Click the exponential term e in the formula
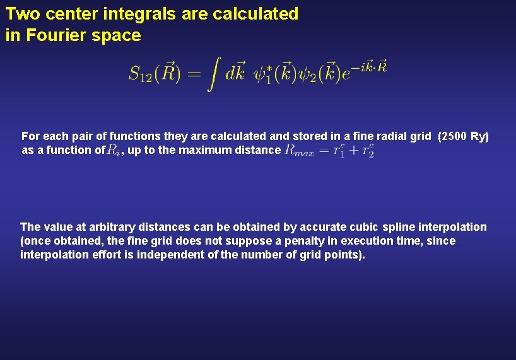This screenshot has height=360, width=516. point(348,74)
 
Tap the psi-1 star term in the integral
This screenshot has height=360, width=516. point(265,74)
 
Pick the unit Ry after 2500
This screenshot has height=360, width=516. point(479,136)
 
